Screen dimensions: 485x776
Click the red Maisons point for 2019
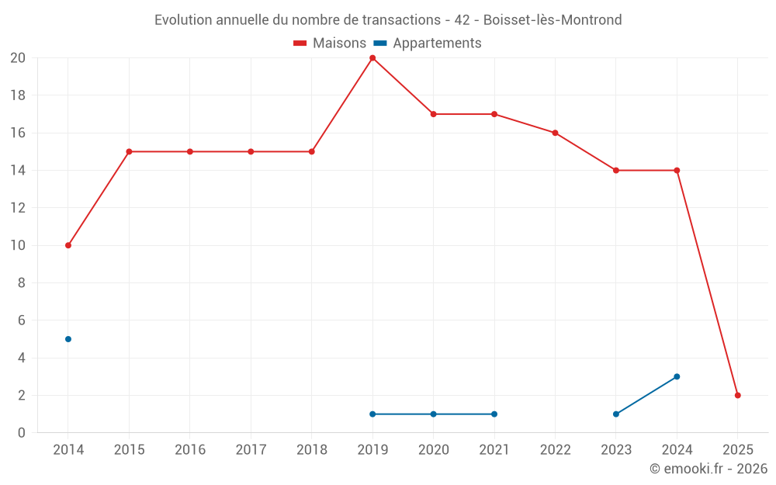pyautogui.click(x=372, y=58)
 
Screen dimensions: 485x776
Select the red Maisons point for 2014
pyautogui.click(x=68, y=245)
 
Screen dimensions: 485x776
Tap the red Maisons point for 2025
pyautogui.click(x=737, y=395)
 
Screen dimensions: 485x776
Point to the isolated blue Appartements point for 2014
pyautogui.click(x=68, y=339)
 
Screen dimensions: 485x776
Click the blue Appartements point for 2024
pyautogui.click(x=677, y=376)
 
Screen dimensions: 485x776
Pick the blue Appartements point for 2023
pyautogui.click(x=616, y=414)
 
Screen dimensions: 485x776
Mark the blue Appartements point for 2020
pyautogui.click(x=433, y=414)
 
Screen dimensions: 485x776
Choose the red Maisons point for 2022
pyautogui.click(x=555, y=133)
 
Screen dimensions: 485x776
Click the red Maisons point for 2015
pyautogui.click(x=129, y=151)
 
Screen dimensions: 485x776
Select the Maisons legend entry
pyautogui.click(x=329, y=43)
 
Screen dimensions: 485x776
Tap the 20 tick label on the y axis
pyautogui.click(x=18, y=58)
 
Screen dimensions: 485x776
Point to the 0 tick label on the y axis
pyautogui.click(x=22, y=433)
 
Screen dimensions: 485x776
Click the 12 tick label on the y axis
pyautogui.click(x=18, y=208)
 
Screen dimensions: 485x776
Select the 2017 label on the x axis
pyautogui.click(x=251, y=450)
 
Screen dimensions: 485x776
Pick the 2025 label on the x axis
pyautogui.click(x=737, y=450)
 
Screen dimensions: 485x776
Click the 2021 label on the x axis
pyautogui.click(x=494, y=450)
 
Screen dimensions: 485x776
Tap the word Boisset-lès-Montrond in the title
pyautogui.click(x=553, y=20)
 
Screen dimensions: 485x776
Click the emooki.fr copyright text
pyautogui.click(x=708, y=469)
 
